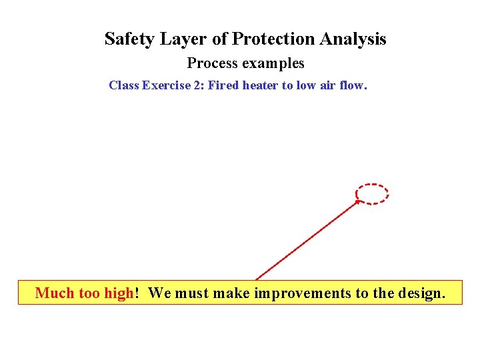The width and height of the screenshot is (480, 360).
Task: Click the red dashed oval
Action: [x=372, y=194]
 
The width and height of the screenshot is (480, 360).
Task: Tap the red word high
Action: [x=119, y=293]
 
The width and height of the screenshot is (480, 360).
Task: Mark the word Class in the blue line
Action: [x=123, y=85]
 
